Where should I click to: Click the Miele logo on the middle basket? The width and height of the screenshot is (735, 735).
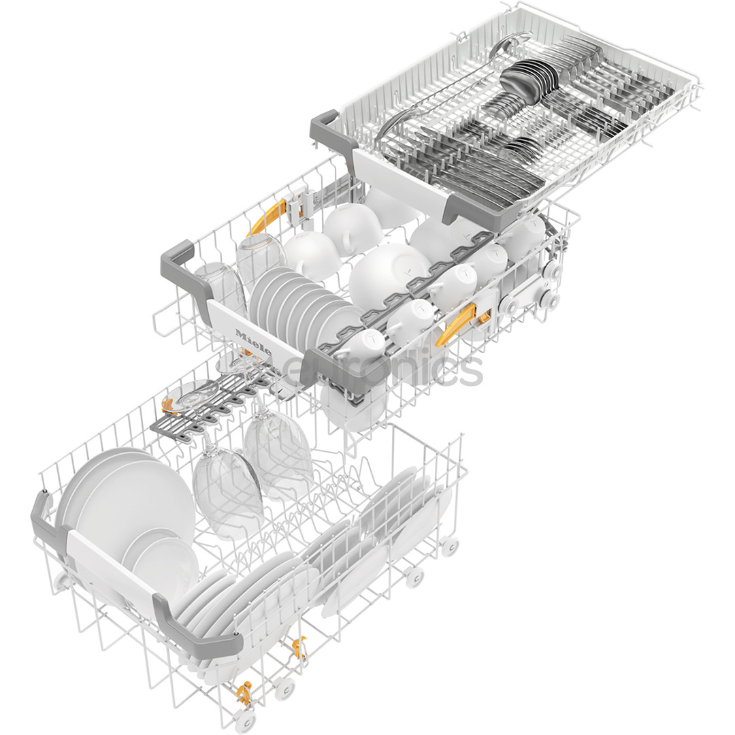(x=253, y=342)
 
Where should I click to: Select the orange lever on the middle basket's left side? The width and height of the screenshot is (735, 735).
(x=267, y=216)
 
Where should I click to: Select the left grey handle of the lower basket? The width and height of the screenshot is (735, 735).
(x=42, y=521)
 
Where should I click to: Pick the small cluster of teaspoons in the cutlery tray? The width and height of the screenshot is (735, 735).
(x=524, y=146)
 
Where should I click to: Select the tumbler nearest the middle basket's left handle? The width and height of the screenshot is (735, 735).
(x=219, y=286)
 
